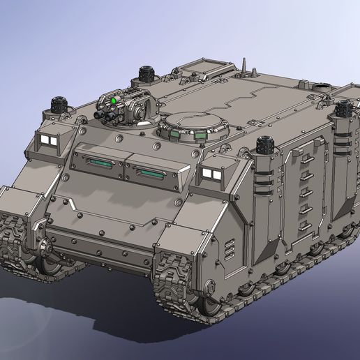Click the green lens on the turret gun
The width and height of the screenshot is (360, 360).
point(113,100)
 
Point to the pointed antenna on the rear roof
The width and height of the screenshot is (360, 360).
point(245,67)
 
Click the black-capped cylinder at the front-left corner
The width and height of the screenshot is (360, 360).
point(59,105)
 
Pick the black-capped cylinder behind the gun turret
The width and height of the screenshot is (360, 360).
point(146,73)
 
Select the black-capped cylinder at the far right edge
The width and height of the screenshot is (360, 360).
point(343,110)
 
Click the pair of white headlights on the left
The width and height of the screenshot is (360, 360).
point(47,141)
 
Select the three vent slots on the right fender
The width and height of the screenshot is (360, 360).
point(230,250)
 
